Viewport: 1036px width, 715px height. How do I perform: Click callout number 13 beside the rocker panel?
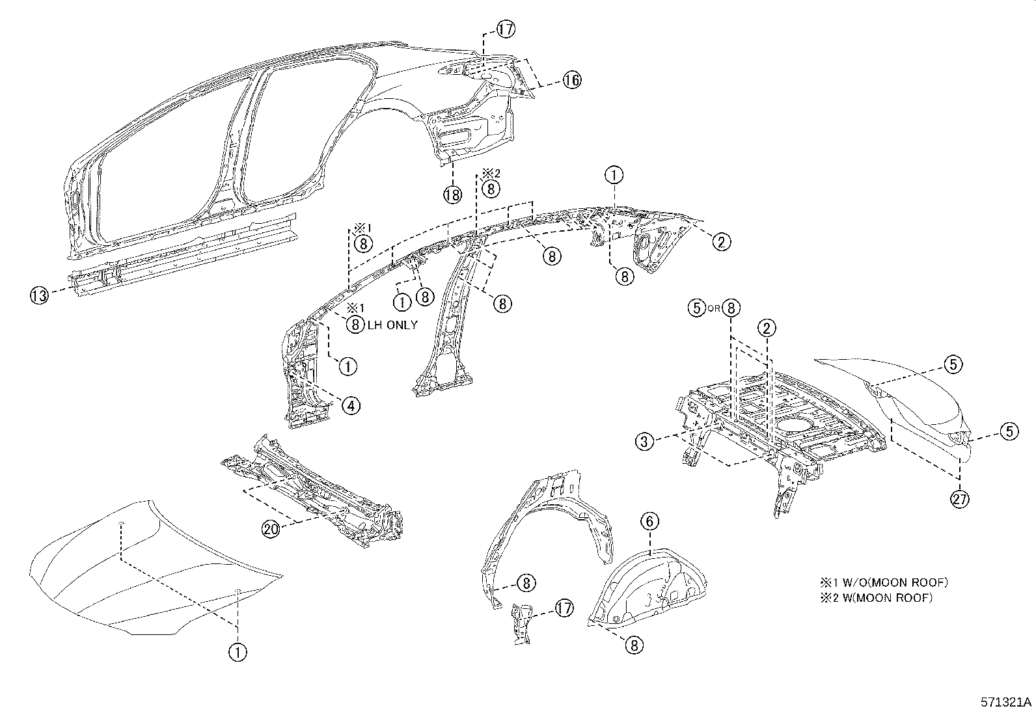[38, 296]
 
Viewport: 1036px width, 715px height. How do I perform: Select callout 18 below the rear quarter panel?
[452, 193]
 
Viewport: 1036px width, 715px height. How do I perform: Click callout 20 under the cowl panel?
[271, 530]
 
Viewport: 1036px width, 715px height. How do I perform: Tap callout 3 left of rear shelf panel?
[644, 442]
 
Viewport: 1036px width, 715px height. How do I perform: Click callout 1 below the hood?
[238, 651]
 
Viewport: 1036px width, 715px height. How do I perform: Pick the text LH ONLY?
[392, 325]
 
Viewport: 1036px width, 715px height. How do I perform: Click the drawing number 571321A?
[1006, 703]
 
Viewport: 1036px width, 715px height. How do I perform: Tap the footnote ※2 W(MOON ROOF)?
[876, 597]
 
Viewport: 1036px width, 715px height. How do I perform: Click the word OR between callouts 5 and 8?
[714, 309]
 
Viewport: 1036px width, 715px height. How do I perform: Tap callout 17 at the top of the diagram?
[506, 29]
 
